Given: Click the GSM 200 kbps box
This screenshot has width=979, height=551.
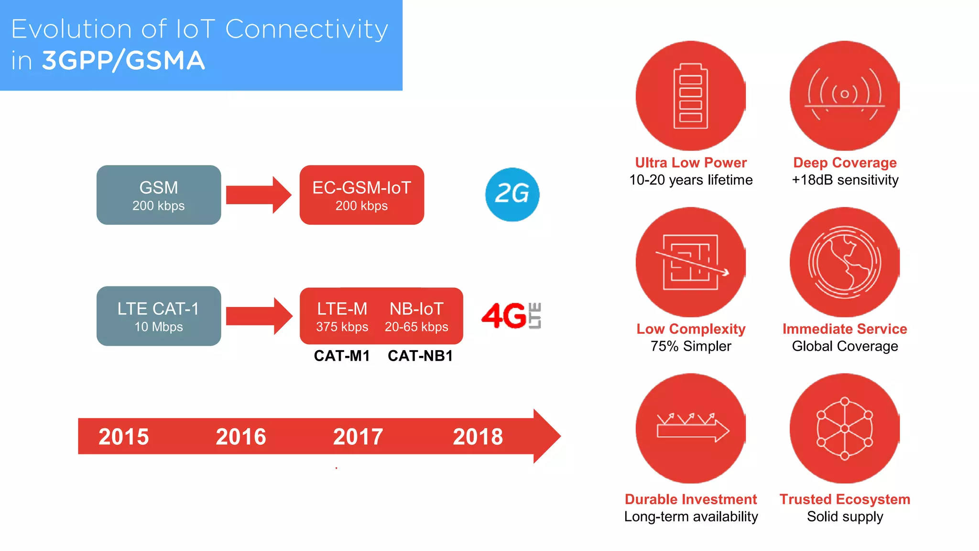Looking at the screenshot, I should pyautogui.click(x=159, y=195).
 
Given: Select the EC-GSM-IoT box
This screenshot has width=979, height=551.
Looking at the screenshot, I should pyautogui.click(x=362, y=195).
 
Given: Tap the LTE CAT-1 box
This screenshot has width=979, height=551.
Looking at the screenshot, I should pyautogui.click(x=159, y=316).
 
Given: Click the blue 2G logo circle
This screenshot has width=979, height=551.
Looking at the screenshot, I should pyautogui.click(x=512, y=194).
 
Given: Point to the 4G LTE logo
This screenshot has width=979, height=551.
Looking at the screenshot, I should pyautogui.click(x=511, y=316).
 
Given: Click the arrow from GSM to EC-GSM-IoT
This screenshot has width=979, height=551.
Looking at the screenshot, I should pyautogui.click(x=258, y=195).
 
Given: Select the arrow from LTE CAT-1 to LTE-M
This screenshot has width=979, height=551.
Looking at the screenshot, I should pyautogui.click(x=259, y=316).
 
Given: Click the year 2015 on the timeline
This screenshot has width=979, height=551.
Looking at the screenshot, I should pyautogui.click(x=123, y=437).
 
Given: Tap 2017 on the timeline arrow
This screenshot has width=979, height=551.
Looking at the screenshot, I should pyautogui.click(x=358, y=437).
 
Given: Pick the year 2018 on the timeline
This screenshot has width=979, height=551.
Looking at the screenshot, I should pyautogui.click(x=478, y=437).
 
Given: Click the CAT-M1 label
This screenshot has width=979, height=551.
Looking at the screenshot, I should pyautogui.click(x=342, y=356).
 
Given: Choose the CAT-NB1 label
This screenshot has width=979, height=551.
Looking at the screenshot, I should pyautogui.click(x=420, y=356).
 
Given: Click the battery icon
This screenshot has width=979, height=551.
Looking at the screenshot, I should pyautogui.click(x=690, y=96).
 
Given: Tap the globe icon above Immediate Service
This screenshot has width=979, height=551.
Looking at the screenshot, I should pyautogui.click(x=845, y=262).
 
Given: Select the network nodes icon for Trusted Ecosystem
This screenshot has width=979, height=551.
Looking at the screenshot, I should pyautogui.click(x=845, y=429).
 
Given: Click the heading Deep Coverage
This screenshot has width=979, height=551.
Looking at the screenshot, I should pyautogui.click(x=845, y=163).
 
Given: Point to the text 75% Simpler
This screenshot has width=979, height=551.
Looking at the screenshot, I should pyautogui.click(x=691, y=346).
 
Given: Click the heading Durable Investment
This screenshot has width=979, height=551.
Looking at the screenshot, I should pyautogui.click(x=691, y=499).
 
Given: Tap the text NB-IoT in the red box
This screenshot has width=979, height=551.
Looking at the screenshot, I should pyautogui.click(x=416, y=309).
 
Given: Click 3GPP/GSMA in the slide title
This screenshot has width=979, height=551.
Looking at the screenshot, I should pyautogui.click(x=123, y=61).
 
